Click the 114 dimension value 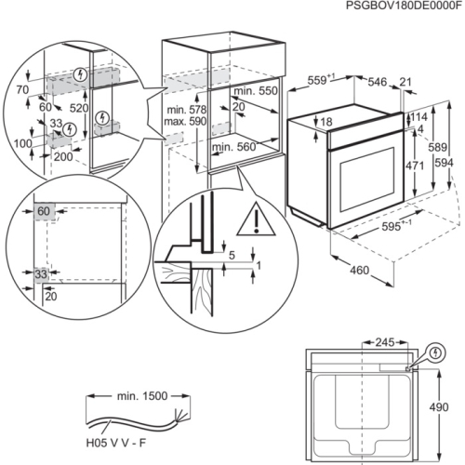420,117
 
